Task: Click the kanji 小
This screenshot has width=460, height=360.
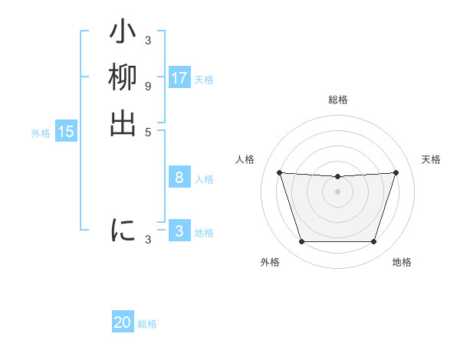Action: (123, 34)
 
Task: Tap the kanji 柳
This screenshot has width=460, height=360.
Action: (123, 79)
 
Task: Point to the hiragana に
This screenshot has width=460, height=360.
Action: (123, 231)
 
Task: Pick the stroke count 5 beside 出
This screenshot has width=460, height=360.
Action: (148, 131)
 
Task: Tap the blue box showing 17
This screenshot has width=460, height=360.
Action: (179, 78)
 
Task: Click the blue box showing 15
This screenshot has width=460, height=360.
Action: (66, 132)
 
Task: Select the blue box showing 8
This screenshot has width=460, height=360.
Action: (179, 178)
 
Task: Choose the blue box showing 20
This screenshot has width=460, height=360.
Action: (123, 322)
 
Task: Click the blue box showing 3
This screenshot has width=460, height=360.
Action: (179, 231)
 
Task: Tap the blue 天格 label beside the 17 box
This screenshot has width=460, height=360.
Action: (204, 79)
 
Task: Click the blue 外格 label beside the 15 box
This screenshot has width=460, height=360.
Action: (41, 133)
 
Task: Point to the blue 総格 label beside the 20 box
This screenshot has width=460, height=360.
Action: (147, 323)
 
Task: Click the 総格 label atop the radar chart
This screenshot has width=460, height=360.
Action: (337, 100)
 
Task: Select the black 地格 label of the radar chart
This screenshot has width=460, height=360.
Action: (402, 262)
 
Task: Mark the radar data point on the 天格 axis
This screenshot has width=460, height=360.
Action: (396, 172)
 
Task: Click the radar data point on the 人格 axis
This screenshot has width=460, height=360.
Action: (279, 172)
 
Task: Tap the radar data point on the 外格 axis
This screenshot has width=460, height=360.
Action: (301, 242)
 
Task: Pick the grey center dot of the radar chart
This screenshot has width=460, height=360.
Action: (337, 191)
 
